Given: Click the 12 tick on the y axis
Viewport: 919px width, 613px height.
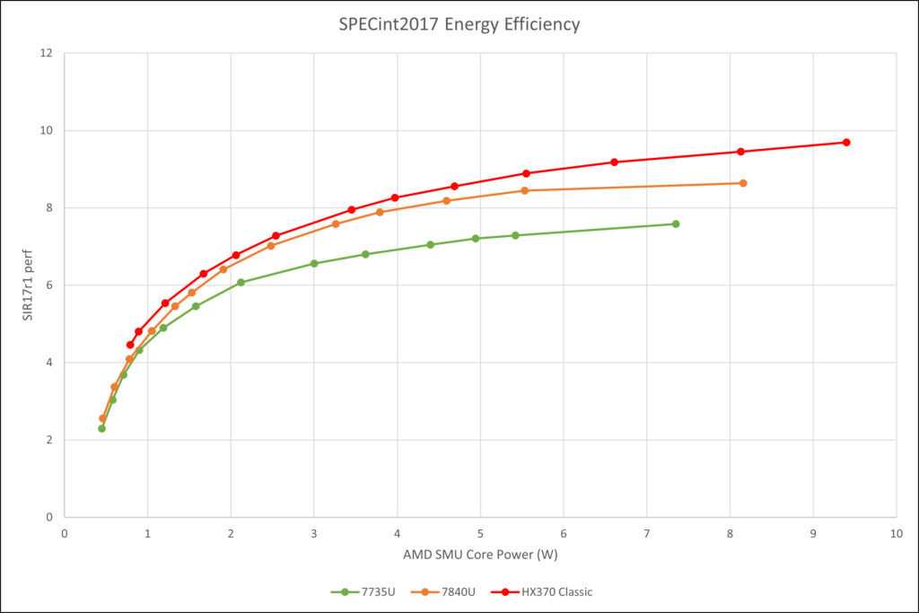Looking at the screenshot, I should click(46, 53).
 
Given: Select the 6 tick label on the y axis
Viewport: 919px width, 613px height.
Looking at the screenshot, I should click(48, 285).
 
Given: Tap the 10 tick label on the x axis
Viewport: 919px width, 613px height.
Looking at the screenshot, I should click(896, 533).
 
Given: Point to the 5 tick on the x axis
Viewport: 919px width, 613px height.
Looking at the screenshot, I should click(480, 533).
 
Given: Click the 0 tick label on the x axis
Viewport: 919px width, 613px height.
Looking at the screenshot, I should click(65, 533).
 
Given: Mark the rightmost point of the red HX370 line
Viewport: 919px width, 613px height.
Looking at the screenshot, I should click(846, 143).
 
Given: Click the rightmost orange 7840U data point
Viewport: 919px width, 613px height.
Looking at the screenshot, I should click(743, 183).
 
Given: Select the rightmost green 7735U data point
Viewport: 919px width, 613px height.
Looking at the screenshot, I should click(675, 223).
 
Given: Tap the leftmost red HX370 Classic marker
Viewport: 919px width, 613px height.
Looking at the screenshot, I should click(130, 345).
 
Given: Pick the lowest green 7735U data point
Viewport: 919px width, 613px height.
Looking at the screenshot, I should click(101, 428).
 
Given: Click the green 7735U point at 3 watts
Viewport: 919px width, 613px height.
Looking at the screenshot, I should click(314, 263).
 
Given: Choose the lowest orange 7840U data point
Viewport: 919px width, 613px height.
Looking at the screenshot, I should click(102, 418).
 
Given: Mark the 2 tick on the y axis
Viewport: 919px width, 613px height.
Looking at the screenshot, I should click(48, 440).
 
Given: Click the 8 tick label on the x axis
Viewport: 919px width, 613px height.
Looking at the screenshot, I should click(730, 533).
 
